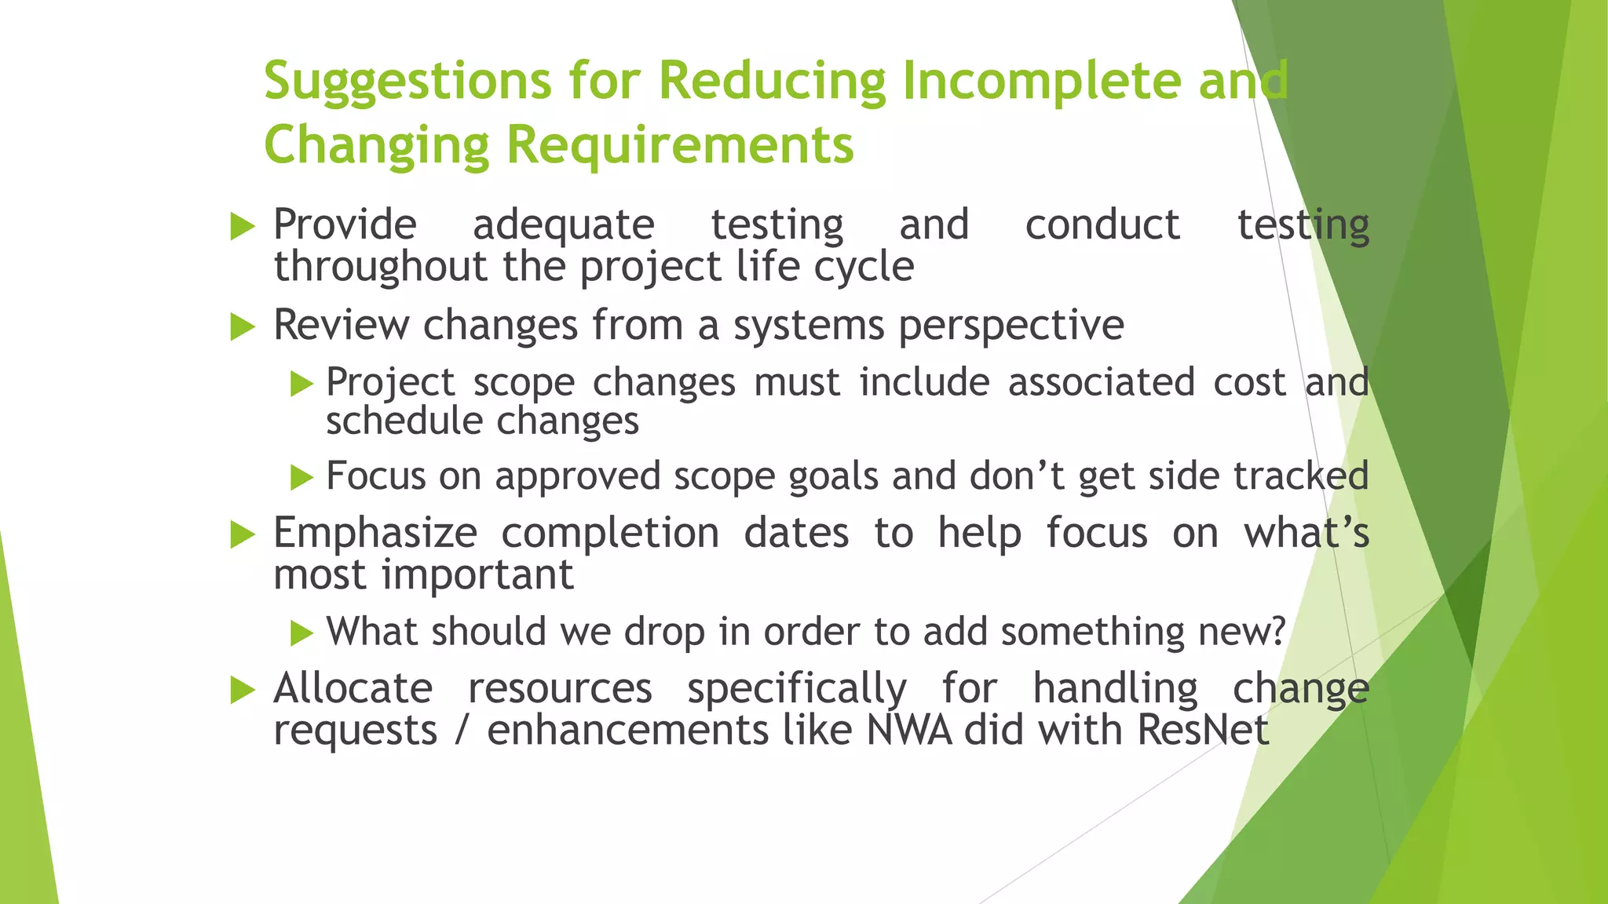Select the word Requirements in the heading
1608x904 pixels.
679,146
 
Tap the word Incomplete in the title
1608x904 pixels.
1042,81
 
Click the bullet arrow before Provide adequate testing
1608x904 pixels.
243,228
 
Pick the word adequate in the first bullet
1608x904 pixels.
563,226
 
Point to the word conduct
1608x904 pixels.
1102,225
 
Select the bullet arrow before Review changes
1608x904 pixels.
243,326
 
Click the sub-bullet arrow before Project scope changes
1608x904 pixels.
301,384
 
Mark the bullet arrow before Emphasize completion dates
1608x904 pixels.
243,536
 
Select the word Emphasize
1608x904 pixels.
375,534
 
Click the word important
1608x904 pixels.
477,575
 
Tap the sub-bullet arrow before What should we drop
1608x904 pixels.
301,632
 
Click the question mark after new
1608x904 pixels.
1278,632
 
